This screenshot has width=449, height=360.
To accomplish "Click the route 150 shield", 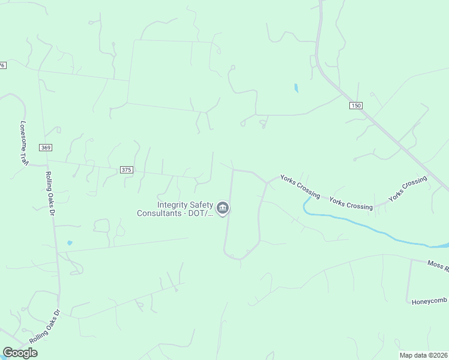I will [356, 106].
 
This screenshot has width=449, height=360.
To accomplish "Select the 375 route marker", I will [126, 170].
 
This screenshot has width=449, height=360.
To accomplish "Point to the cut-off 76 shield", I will [2, 65].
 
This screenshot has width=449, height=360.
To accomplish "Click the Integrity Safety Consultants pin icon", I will [223, 208].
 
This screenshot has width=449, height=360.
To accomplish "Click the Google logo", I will [20, 353].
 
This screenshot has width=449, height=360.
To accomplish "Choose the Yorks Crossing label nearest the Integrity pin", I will [300, 186].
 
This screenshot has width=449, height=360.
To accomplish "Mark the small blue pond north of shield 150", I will [296, 88].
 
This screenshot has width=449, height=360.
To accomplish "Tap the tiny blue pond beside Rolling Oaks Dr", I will [70, 243].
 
